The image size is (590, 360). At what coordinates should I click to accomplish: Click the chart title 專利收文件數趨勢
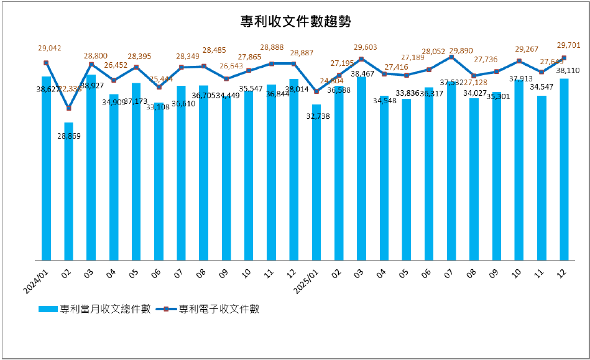point(295,22)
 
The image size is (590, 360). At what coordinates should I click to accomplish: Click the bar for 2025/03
point(361,168)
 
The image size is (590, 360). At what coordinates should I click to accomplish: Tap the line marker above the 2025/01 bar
point(316,91)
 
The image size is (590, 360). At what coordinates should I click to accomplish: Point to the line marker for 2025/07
point(451,57)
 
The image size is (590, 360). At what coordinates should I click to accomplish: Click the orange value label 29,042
point(50,48)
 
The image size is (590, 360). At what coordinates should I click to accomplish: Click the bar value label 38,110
point(566,70)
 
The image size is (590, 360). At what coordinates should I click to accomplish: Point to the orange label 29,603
point(365,47)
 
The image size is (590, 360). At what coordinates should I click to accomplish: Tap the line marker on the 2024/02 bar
point(68,109)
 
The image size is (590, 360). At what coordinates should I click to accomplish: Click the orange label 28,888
point(272,48)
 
